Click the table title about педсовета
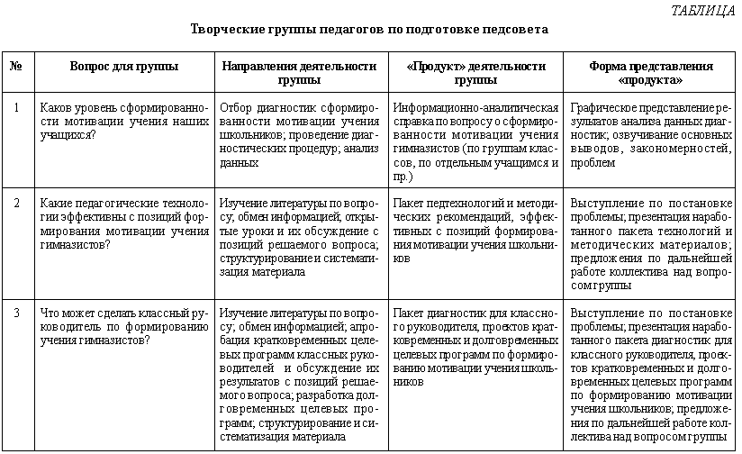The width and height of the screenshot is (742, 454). pyautogui.click(x=370, y=29)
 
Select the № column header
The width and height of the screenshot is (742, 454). pyautogui.click(x=16, y=67)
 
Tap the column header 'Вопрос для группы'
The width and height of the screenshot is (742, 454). pyautogui.click(x=123, y=67)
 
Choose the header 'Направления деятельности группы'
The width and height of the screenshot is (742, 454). pyautogui.click(x=298, y=72)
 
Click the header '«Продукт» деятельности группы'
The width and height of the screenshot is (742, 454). pyautogui.click(x=475, y=72)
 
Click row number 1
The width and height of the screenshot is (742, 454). pyautogui.click(x=16, y=107)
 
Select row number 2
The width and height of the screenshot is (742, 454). pyautogui.click(x=16, y=202)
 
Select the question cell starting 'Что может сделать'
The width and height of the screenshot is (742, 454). pyautogui.click(x=124, y=327)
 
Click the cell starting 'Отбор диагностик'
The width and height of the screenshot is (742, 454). pyautogui.click(x=298, y=135)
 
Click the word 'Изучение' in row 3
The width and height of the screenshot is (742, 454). pyautogui.click(x=244, y=313)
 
